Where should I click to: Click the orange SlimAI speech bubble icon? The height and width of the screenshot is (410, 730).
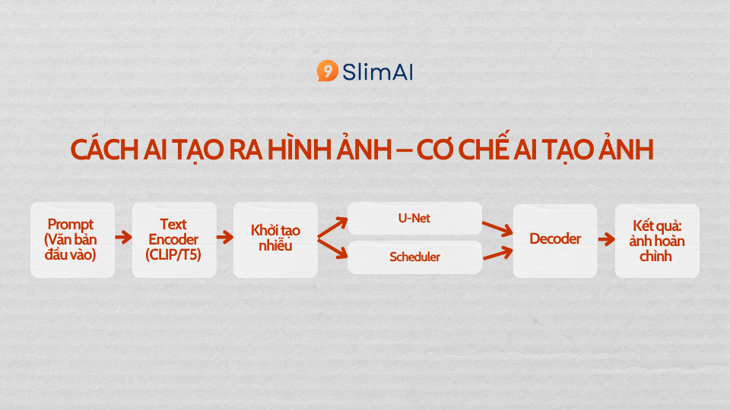click(x=327, y=71)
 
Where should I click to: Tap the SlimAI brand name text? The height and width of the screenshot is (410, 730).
click(x=378, y=72)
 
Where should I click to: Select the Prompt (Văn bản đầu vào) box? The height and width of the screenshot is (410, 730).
click(x=73, y=240)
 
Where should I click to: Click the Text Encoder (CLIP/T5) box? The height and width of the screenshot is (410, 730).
click(x=174, y=240)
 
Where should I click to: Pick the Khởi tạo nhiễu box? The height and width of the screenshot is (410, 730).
click(x=275, y=240)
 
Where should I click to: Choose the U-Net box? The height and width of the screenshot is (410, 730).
click(x=415, y=218)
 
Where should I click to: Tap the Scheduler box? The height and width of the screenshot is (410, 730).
click(x=415, y=257)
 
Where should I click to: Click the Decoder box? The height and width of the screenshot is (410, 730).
click(x=555, y=241)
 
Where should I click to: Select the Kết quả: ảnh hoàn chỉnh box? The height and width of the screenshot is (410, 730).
click(x=657, y=241)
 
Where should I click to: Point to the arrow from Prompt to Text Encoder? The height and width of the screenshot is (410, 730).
click(x=123, y=238)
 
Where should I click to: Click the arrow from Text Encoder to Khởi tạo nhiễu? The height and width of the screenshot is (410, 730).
click(x=225, y=238)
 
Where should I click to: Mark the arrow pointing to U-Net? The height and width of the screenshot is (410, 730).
click(x=333, y=228)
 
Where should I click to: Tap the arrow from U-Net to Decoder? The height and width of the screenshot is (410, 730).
click(x=497, y=229)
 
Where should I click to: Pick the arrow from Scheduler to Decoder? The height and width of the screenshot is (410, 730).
click(x=497, y=254)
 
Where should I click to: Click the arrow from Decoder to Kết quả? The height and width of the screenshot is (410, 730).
click(x=606, y=239)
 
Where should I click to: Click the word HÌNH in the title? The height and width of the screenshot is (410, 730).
click(x=298, y=149)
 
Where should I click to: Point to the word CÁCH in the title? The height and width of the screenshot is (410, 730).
click(x=105, y=150)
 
